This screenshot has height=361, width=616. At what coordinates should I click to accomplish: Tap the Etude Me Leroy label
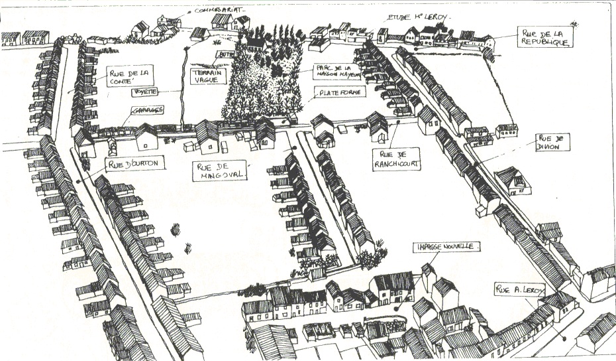[x=408, y=16]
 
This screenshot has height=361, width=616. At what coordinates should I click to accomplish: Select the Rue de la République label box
[x=545, y=38]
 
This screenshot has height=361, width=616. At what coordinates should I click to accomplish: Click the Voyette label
[x=145, y=92]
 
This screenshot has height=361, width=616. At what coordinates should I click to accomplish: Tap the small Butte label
[x=226, y=54]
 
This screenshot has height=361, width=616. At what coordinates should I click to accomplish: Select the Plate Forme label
[x=341, y=92]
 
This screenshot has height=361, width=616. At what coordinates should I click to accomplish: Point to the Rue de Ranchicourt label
[x=395, y=159]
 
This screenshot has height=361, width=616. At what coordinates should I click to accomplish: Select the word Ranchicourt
[x=395, y=163]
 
